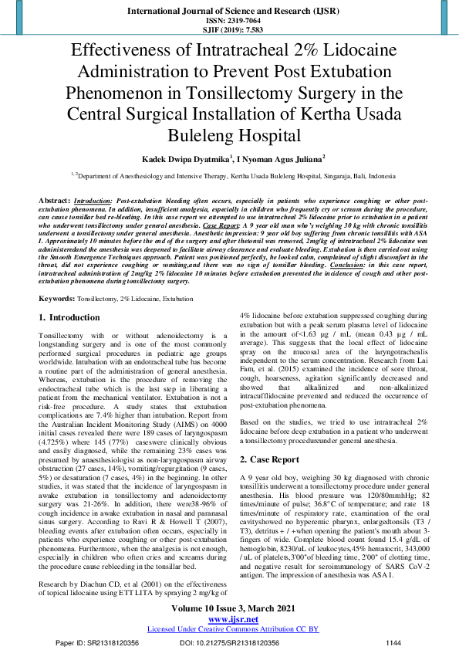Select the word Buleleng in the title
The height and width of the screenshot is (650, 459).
(230, 137)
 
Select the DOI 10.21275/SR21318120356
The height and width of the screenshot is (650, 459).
(229, 642)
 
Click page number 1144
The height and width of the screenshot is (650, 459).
(393, 642)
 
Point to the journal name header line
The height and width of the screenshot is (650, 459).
(229, 12)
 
